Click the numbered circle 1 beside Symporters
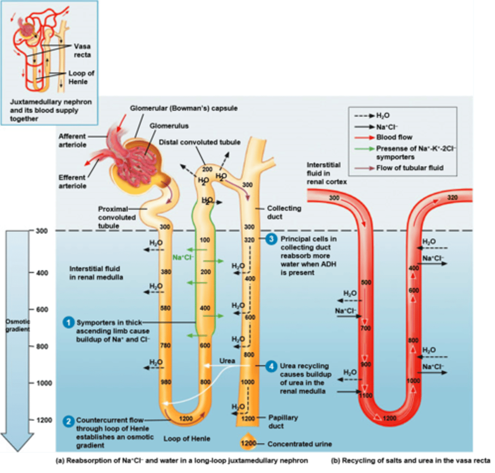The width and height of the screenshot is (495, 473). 69,322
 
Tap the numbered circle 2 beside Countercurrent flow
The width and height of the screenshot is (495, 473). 69,421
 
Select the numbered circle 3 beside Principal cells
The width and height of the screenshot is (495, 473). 271,239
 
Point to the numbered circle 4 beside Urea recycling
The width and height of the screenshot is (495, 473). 271,366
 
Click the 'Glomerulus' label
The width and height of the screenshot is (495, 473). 169,126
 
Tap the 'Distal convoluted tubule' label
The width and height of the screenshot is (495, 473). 200,142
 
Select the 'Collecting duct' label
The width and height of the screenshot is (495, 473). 284,212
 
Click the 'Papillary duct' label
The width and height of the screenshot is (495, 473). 283,421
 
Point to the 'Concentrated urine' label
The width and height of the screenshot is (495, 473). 299,444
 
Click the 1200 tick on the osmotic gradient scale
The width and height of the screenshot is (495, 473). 44,420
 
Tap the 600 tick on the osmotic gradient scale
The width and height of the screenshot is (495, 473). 42,310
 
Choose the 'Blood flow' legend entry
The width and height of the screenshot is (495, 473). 394,137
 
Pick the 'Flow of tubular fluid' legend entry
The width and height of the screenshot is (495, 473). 409,168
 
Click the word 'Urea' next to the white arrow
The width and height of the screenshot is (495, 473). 227,361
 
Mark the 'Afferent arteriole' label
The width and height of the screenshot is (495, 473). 72,140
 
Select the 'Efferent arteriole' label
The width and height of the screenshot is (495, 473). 72,182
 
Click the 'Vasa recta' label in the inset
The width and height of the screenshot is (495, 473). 82,50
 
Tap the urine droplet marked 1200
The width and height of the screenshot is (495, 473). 248,443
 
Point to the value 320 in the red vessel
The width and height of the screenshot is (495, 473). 452,197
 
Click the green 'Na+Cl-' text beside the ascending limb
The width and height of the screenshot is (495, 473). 183,257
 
